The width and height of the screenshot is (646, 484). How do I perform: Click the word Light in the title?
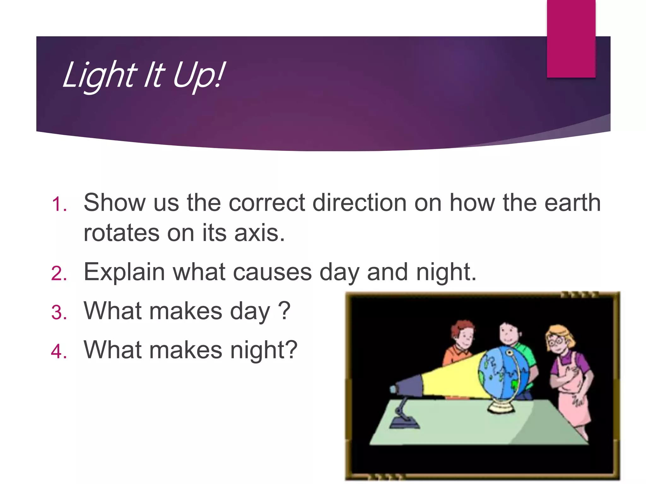[x=99, y=76]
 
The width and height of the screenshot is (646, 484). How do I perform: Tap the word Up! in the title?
[x=199, y=76]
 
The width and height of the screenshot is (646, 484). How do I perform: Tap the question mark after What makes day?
[x=284, y=311]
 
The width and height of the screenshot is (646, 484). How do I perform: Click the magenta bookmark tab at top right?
[x=571, y=38]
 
